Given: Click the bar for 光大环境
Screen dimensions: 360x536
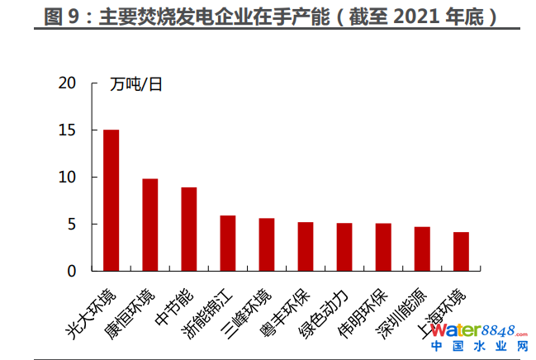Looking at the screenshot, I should [111, 200].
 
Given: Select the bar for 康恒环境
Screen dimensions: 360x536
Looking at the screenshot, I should [149, 225].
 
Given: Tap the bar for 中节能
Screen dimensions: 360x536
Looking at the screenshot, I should [189, 229].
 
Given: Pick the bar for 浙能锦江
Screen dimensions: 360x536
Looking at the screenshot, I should [227, 243].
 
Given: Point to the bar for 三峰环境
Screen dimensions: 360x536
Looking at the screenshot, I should [266, 244].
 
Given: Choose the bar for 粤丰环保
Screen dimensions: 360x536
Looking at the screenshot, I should [306, 246].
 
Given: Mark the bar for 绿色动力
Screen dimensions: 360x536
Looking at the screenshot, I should [344, 247].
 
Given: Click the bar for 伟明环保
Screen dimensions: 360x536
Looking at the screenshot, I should [383, 247].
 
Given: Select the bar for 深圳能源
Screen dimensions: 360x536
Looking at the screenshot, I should [422, 249].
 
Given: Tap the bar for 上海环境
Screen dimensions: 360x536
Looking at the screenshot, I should [461, 251].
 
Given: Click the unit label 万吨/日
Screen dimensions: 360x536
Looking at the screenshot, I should [136, 84].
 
